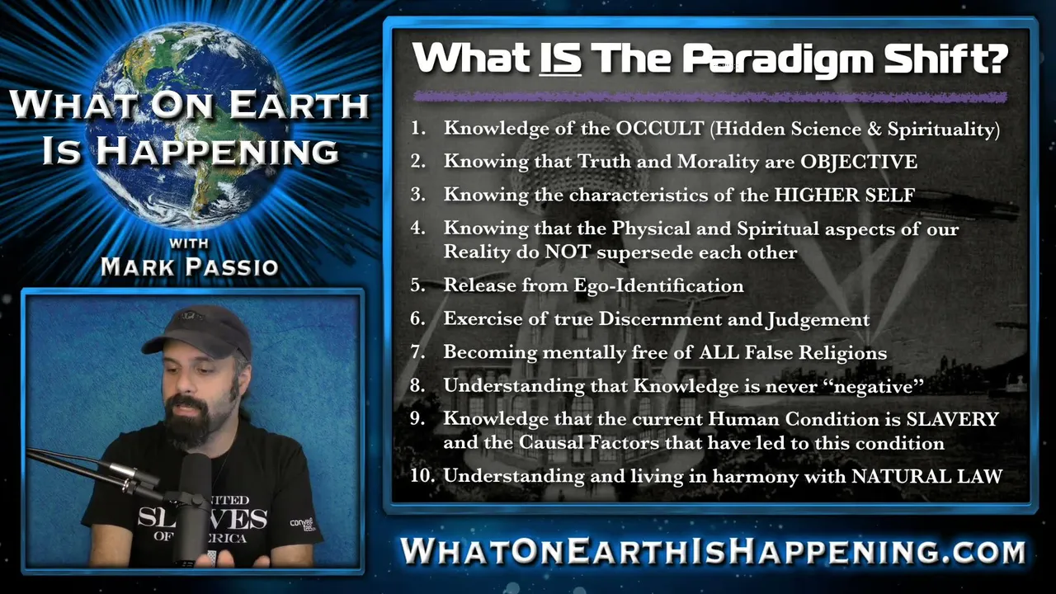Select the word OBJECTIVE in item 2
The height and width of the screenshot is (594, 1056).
point(859,162)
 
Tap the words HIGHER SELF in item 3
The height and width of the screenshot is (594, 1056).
point(845,196)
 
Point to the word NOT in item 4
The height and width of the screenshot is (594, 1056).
point(567,252)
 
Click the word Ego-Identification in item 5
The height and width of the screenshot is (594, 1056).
point(658,285)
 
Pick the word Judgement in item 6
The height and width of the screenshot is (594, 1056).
point(818,319)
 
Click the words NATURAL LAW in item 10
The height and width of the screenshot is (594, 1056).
point(926,476)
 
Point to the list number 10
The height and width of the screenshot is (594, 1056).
point(422,476)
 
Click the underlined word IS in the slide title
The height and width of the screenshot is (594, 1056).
point(560,59)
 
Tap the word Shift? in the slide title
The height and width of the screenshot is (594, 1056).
point(945,59)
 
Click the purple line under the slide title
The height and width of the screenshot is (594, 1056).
point(710,97)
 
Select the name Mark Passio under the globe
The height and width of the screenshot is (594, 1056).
point(190,266)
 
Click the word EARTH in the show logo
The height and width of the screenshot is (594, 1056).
point(299,105)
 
